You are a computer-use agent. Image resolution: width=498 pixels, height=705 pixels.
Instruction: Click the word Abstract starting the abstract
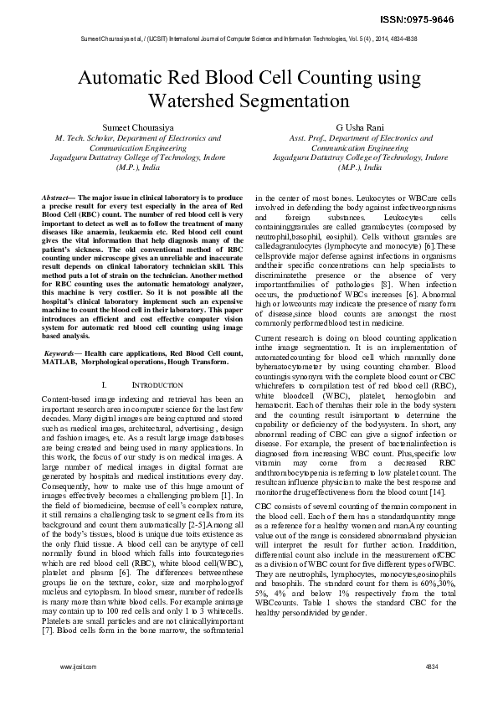click(x=57, y=196)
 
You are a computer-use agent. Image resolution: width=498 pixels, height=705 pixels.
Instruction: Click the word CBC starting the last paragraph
click(x=263, y=507)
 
